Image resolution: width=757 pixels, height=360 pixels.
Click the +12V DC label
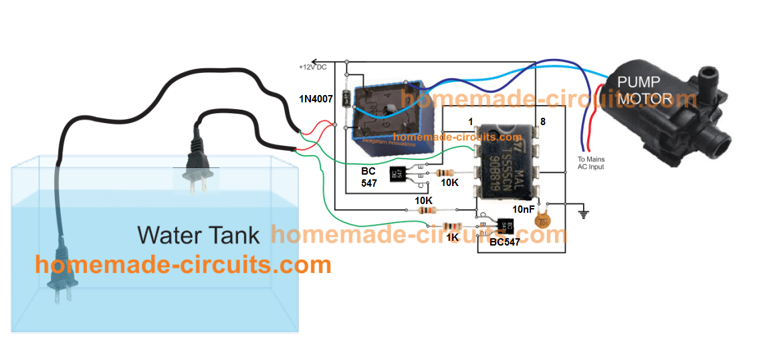(313, 68)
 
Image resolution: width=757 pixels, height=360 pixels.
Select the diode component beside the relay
(346, 98)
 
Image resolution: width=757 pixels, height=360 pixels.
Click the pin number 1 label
(471, 122)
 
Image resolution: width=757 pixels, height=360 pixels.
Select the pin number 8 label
(542, 122)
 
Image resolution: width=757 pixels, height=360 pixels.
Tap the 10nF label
(523, 209)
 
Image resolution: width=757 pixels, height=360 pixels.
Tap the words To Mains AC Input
(590, 163)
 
